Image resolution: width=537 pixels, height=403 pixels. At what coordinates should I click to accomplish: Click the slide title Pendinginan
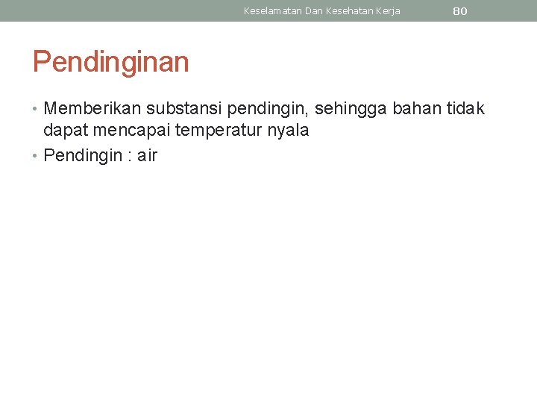pyautogui.click(x=110, y=62)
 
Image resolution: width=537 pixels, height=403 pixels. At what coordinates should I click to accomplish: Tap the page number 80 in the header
pyautogui.click(x=460, y=11)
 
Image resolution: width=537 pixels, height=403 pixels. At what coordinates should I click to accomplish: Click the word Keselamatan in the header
pyautogui.click(x=273, y=11)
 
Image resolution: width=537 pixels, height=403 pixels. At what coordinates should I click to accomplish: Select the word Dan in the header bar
pyautogui.click(x=314, y=11)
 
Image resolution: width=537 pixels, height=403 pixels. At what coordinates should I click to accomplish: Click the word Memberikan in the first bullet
pyautogui.click(x=92, y=110)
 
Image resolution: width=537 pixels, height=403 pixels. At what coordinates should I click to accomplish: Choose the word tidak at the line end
pyautogui.click(x=466, y=110)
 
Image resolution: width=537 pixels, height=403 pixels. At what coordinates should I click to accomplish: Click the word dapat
pyautogui.click(x=64, y=131)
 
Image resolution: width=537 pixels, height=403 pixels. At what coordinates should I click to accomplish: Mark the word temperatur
pyautogui.click(x=216, y=131)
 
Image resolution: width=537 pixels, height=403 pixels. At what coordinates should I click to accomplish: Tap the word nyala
pyautogui.click(x=286, y=131)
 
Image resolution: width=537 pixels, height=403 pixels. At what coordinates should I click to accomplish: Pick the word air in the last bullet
pyautogui.click(x=147, y=155)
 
